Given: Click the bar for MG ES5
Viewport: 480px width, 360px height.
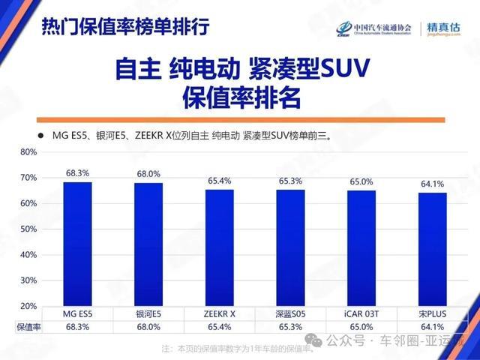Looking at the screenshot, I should pos(77,244).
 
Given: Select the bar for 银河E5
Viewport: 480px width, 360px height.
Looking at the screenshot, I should pos(148,244).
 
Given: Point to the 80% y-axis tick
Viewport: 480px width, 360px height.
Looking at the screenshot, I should pos(28,151).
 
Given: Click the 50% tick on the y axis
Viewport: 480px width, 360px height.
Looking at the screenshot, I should pos(28,229).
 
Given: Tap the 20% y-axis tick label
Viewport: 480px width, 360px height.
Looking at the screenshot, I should pos(28,306).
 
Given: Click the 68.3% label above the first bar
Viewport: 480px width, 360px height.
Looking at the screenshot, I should pos(77,173).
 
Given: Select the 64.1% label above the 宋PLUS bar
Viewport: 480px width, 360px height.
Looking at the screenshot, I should pos(433,184).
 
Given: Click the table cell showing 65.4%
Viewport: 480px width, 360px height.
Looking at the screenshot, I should pos(219,327).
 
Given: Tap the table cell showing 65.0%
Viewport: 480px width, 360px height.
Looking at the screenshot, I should pos(361,327).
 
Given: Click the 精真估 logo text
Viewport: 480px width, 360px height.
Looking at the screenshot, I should pos(443,27).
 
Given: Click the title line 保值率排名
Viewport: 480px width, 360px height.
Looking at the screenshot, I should pos(240,97).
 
